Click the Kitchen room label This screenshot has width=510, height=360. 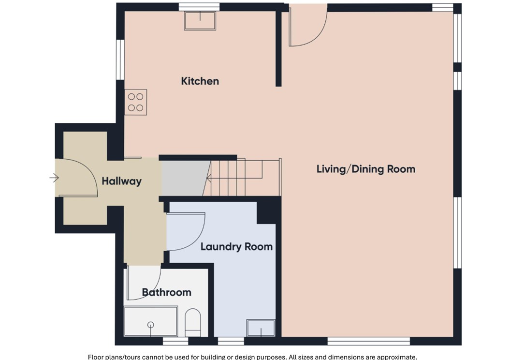pos(200,81)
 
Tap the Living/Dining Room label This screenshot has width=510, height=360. pos(365,169)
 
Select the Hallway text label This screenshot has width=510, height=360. pos(121,181)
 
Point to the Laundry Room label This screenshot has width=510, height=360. pos(236,246)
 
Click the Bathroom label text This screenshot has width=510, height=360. pos(166,292)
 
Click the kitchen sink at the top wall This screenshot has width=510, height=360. pos(200,21)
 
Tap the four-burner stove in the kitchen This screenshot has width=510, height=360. pos(136,102)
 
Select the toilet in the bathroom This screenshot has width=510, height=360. pos(193,321)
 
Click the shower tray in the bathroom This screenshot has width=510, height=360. pos(151,321)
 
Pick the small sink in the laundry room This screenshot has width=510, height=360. pos(261,328)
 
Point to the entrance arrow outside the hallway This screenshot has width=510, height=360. pos(54,178)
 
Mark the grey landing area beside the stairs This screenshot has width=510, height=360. pos(184,178)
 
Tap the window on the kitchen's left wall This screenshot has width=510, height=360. pos(120,59)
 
